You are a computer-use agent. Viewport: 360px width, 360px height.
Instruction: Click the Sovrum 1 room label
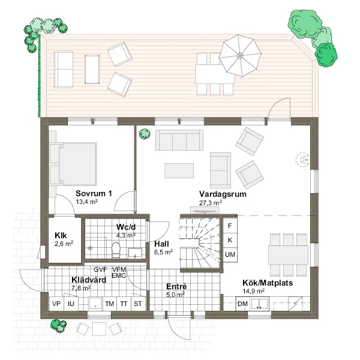click(94, 193)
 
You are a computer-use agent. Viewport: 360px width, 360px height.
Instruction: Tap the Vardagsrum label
click(223, 194)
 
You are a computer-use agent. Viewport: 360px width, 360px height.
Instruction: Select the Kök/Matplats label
click(268, 283)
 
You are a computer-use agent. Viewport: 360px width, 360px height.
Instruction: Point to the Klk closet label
click(61, 235)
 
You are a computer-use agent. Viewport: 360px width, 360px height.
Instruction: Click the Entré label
click(176, 286)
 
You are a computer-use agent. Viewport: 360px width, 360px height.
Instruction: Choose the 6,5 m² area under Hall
click(163, 252)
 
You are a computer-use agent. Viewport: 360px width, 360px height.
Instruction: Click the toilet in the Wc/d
click(116, 250)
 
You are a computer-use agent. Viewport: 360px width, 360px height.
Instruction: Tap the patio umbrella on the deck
click(240, 56)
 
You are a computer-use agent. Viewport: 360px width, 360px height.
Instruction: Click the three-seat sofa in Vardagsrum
click(179, 140)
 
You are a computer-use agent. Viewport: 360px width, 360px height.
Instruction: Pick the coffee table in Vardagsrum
click(179, 170)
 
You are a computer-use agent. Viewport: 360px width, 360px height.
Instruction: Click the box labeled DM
click(242, 304)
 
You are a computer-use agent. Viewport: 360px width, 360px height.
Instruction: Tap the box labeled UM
click(230, 254)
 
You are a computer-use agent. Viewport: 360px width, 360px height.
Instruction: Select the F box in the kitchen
click(230, 226)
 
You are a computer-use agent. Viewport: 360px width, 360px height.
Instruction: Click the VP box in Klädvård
click(56, 304)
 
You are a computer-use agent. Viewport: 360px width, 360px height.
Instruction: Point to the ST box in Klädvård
click(138, 304)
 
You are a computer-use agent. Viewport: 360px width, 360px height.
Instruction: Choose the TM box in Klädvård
click(110, 304)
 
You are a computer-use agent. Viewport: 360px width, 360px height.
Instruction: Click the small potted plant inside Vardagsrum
click(145, 134)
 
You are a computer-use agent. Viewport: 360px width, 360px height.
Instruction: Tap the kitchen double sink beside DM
click(259, 304)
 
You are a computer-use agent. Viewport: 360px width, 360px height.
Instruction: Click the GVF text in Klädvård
click(100, 269)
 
